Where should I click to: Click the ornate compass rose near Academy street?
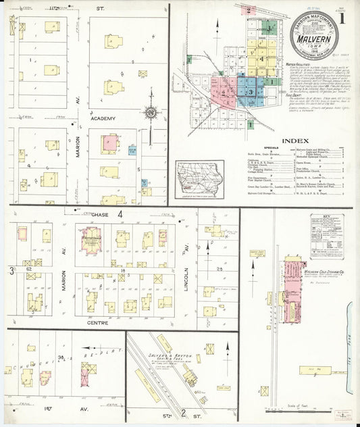(x=150, y=113)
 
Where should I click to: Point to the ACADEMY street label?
(x=103, y=118)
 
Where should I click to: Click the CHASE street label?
(x=101, y=214)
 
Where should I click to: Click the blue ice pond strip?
(x=351, y=338)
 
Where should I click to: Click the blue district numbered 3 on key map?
(x=251, y=90)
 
